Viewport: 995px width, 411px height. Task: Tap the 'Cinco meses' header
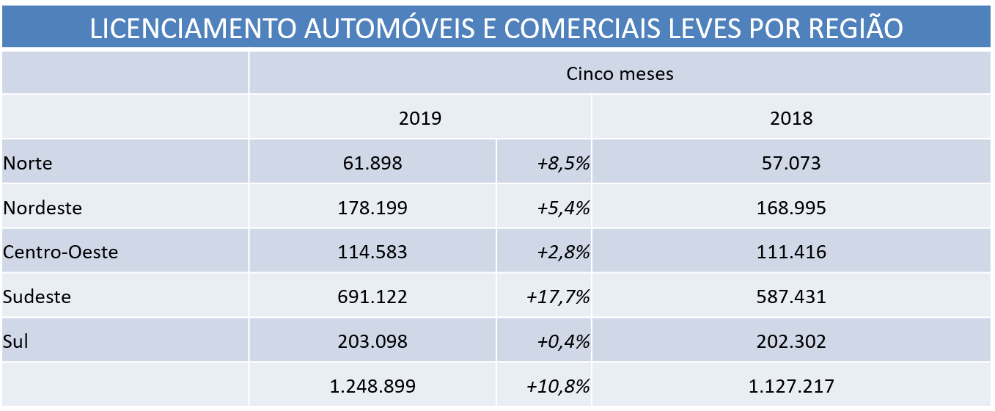pos(620,73)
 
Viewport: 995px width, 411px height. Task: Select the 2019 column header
pos(420,118)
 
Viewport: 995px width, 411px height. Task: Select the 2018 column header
pos(792,118)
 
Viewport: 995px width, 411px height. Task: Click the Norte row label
pos(28,163)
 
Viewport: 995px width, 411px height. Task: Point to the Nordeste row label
pos(43,208)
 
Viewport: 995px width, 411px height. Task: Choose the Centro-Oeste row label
pos(61,252)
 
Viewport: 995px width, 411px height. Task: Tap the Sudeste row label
pos(37,297)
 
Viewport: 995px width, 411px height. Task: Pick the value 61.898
pos(372,163)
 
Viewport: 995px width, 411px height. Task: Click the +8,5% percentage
pos(562,163)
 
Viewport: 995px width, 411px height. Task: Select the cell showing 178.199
pos(372,208)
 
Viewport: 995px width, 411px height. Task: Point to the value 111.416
pos(791,252)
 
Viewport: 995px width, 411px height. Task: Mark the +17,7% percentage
pos(558,297)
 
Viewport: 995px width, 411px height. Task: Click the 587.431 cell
pos(791,297)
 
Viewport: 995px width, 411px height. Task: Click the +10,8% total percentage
pos(558,386)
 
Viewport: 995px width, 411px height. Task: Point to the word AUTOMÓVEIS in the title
pos(355,28)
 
